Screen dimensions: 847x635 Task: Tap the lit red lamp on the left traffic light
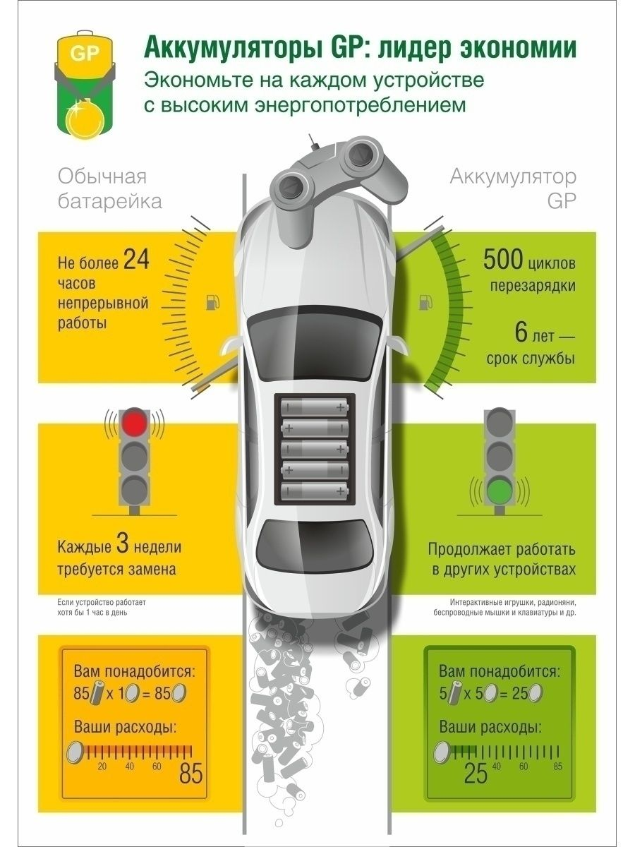(x=135, y=423)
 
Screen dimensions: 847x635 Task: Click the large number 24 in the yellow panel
(x=136, y=260)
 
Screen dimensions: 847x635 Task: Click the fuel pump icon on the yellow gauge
(x=212, y=303)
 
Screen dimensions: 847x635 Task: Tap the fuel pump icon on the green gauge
(x=425, y=303)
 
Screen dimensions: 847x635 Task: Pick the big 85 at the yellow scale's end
(x=190, y=774)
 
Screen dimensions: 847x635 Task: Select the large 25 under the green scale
(x=476, y=774)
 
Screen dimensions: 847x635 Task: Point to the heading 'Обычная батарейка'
(x=109, y=188)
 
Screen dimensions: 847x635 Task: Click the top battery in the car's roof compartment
(x=315, y=408)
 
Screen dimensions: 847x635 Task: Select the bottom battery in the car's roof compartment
(x=315, y=491)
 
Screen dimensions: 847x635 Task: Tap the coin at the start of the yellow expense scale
(x=76, y=752)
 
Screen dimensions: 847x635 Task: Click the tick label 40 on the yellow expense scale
(x=129, y=767)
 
